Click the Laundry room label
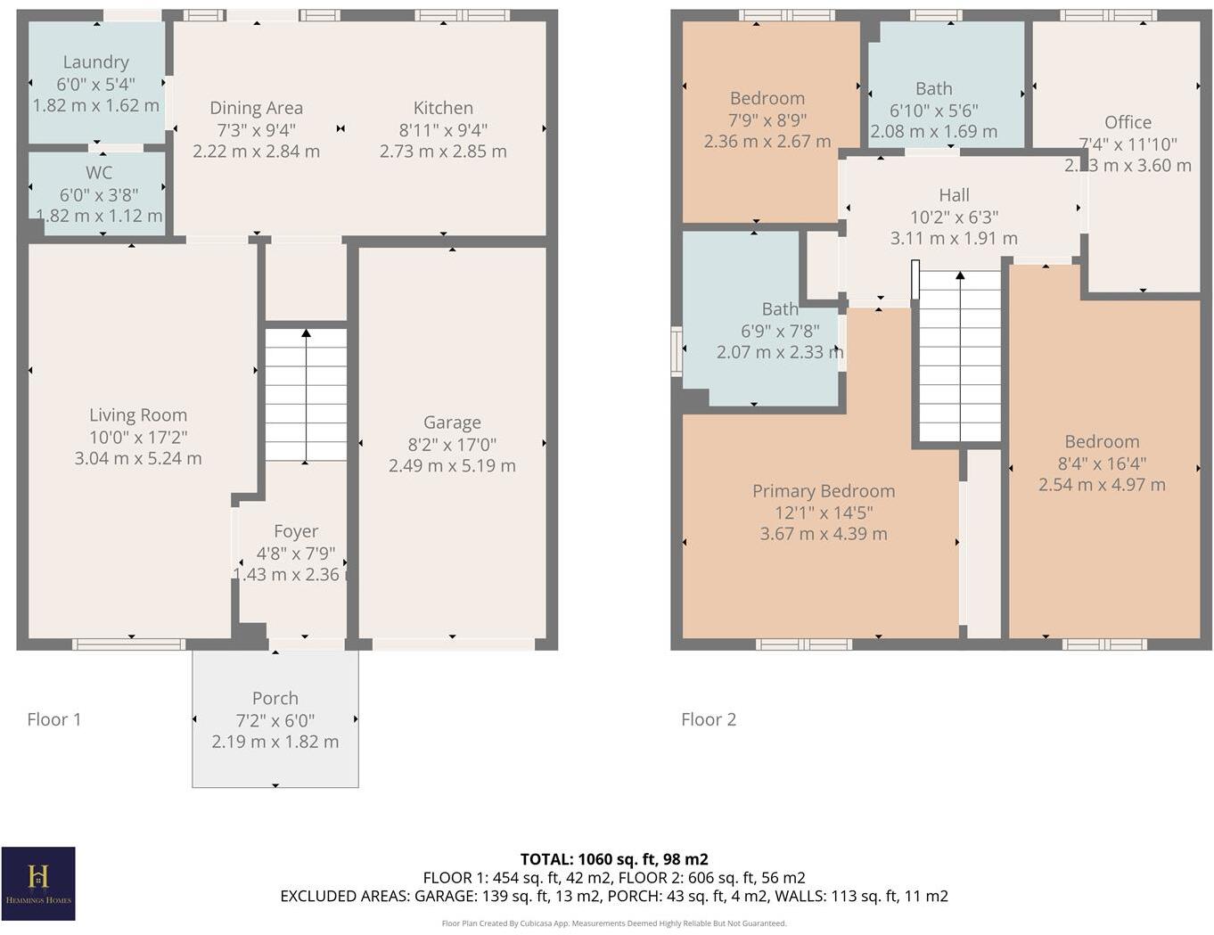tap(95, 62)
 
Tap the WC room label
tap(99, 173)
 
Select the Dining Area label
tap(256, 108)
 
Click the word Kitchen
tap(443, 108)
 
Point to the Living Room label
tap(138, 415)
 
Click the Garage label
tap(452, 422)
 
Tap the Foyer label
tap(296, 531)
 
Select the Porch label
tap(275, 699)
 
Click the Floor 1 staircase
tap(306, 395)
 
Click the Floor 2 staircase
tap(960, 357)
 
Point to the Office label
tap(1128, 123)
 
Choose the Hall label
tap(954, 195)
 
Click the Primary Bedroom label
tap(824, 491)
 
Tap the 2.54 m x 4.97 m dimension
tap(1102, 485)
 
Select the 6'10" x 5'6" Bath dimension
tap(933, 111)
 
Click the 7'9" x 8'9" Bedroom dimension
tap(767, 120)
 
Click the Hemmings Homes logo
tap(38, 883)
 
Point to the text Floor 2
tap(709, 719)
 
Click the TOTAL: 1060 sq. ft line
tap(614, 859)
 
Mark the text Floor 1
tap(54, 719)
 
